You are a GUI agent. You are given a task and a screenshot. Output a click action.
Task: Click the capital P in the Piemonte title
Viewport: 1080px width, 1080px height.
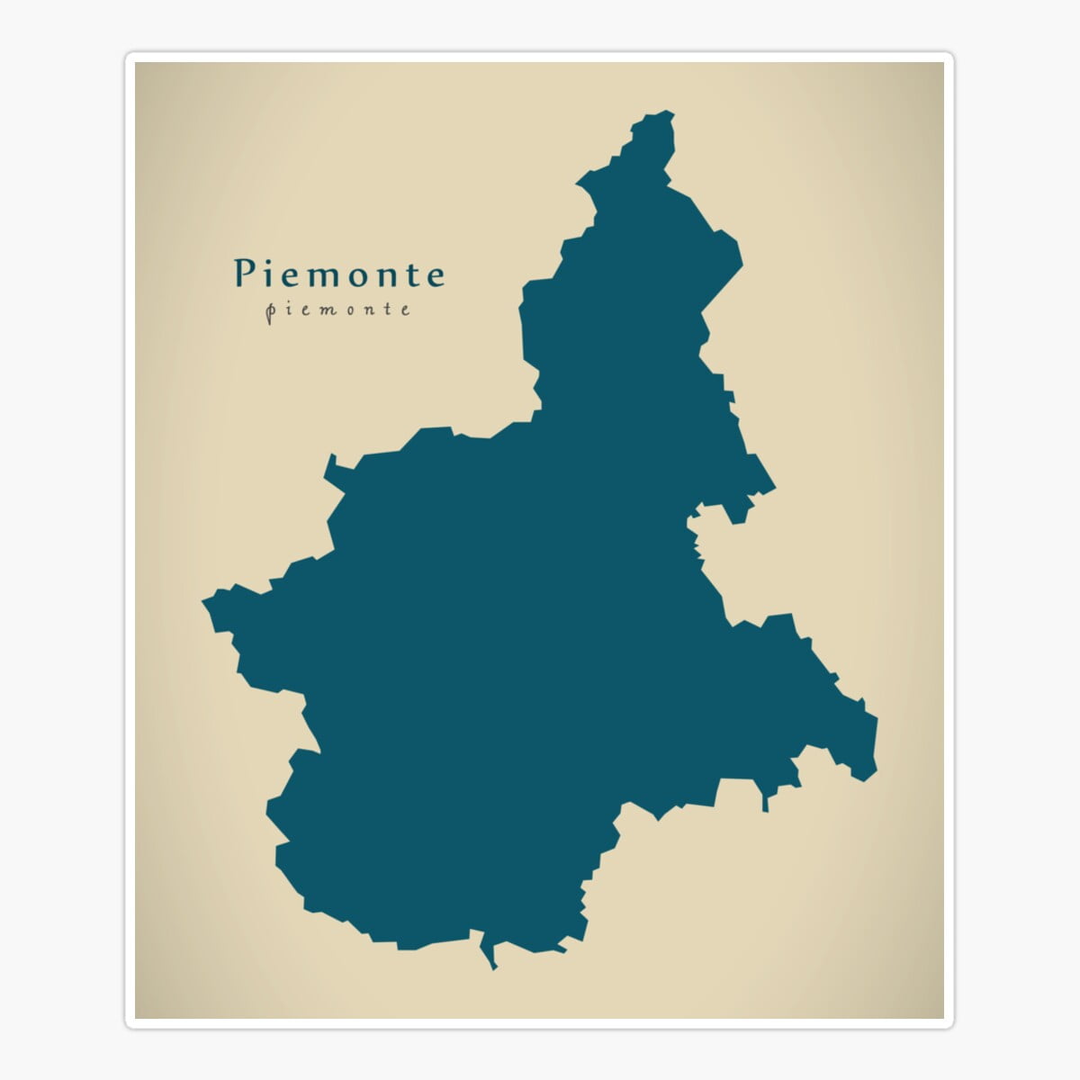point(244,274)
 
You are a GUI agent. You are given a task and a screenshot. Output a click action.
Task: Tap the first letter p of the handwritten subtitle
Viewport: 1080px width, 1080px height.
point(271,311)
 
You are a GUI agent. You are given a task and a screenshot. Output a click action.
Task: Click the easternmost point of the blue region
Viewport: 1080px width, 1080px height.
point(876,720)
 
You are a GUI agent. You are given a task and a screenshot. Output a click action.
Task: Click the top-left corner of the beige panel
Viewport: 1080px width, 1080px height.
point(137,63)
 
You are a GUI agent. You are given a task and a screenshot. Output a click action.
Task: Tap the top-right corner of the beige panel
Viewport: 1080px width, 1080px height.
point(943,63)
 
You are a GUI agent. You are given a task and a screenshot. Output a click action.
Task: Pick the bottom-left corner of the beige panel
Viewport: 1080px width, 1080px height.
point(137,1017)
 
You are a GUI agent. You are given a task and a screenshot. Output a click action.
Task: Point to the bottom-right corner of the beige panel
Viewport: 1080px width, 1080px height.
point(943,1017)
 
